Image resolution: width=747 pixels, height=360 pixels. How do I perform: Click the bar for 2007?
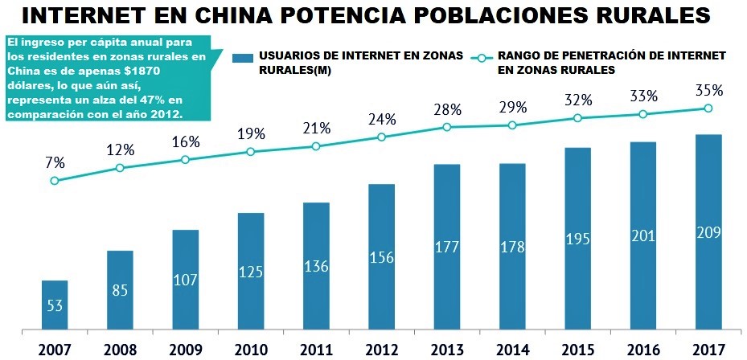(55, 305)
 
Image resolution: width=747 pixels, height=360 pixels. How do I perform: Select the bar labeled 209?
(708, 232)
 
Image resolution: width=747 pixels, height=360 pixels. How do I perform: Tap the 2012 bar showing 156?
(382, 257)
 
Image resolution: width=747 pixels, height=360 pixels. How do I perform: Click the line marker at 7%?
(55, 181)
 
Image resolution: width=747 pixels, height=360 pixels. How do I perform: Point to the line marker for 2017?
(708, 108)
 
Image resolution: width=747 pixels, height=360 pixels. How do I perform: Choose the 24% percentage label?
(382, 119)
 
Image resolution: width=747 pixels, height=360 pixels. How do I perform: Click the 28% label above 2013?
(447, 109)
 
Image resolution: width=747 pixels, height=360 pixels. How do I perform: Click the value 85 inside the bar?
(120, 290)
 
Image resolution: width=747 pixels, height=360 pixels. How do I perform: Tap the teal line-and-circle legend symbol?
(482, 57)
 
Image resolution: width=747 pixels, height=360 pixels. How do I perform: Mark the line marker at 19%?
(251, 151)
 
